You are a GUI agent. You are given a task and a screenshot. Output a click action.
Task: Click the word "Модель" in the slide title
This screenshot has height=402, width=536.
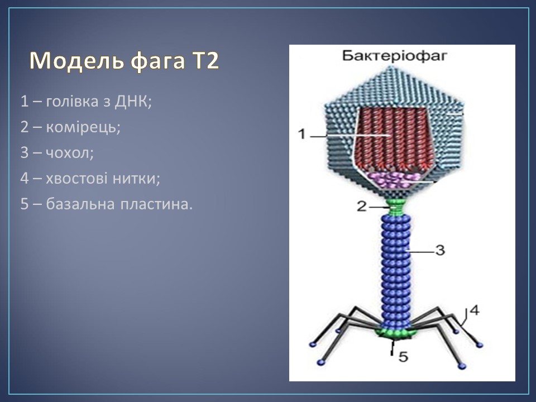[76, 61]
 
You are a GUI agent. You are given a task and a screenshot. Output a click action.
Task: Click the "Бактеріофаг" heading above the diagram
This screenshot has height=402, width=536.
[395, 55]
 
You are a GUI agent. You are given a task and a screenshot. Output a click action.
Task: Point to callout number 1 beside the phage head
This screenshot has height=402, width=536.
[301, 133]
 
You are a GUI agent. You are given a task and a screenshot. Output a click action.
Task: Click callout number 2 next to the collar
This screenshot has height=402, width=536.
[362, 206]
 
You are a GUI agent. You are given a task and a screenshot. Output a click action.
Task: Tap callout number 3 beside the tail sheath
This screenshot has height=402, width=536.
[441, 250]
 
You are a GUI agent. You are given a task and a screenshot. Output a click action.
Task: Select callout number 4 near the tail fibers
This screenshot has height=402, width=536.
[475, 310]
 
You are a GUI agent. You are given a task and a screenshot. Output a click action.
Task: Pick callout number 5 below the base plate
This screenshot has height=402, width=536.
[404, 357]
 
